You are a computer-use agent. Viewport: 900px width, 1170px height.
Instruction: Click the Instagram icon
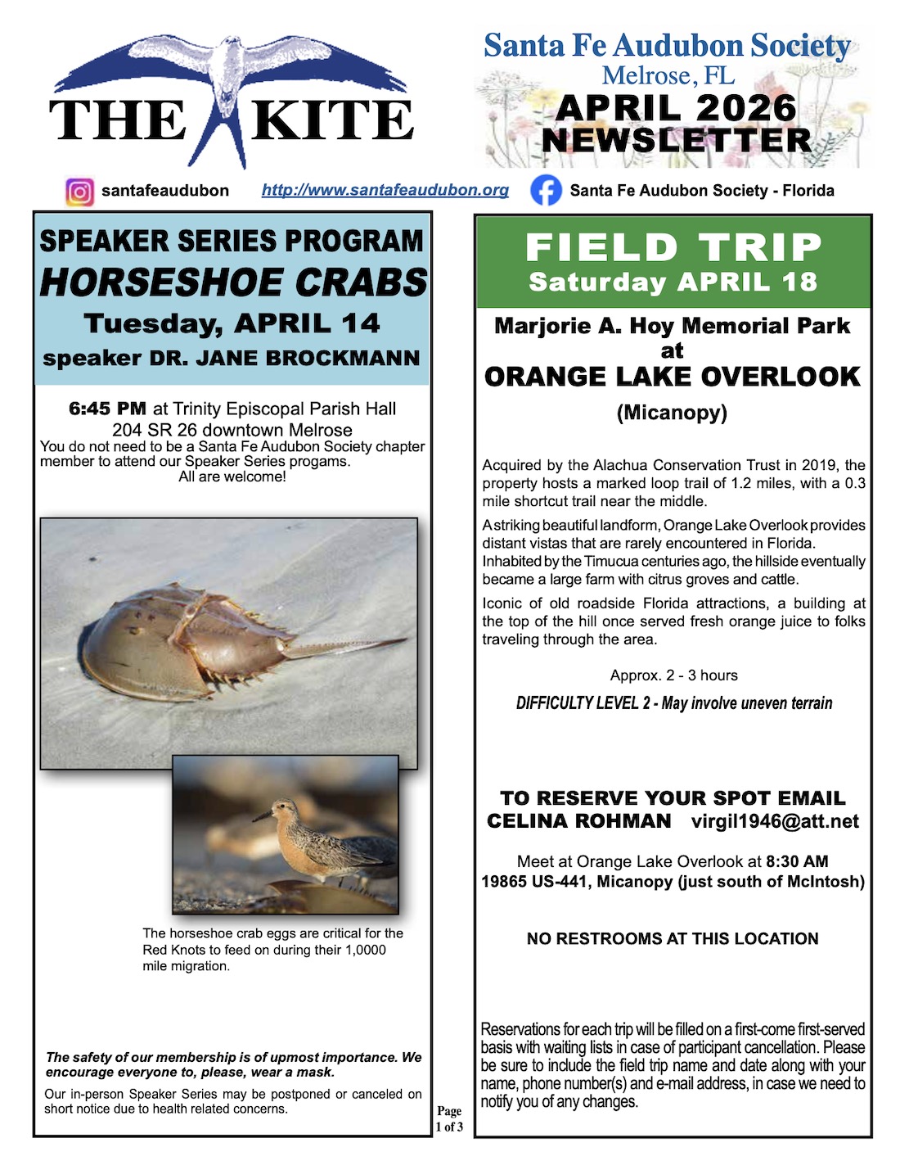pos(79,192)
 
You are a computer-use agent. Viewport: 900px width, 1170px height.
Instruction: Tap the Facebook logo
pos(546,191)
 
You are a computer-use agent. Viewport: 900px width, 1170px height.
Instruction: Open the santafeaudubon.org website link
pos(385,190)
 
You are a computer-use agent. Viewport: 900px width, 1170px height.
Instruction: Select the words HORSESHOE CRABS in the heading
pos(233,282)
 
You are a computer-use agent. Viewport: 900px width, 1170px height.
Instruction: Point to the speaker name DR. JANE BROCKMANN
pos(285,359)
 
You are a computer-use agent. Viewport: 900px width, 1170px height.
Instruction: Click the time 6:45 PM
pos(107,409)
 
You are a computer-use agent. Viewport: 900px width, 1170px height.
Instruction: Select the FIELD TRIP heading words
pos(673,247)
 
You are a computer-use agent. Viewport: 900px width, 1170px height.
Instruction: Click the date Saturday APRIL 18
pos(673,282)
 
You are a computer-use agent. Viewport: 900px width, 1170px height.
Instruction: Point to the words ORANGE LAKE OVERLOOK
pos(672,377)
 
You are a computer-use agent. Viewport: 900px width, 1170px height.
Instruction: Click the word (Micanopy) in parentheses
pos(672,413)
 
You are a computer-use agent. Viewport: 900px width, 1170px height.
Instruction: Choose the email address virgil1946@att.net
pos(775,822)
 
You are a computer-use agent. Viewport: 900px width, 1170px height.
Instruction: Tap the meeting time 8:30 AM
pos(797,861)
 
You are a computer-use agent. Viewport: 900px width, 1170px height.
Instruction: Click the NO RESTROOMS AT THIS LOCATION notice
pos(673,939)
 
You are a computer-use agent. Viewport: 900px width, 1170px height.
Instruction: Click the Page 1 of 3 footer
pos(449,1119)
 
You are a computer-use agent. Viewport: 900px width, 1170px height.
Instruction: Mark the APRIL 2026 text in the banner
pos(675,109)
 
